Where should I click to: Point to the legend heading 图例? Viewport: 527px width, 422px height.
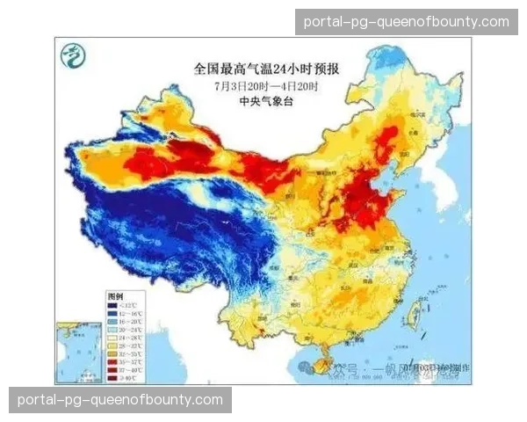115,296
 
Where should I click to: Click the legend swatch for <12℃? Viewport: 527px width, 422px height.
113,305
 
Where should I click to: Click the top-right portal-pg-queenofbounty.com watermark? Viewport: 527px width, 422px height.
406,21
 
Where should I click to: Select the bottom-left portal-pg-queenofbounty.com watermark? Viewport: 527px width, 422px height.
119,401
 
